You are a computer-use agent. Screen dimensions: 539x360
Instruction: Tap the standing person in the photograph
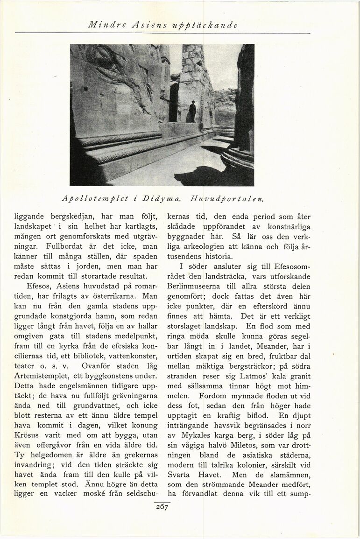pos(192,112)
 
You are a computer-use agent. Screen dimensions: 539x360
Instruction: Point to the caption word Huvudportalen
pos(227,198)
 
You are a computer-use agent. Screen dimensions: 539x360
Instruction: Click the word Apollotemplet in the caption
pos(95,198)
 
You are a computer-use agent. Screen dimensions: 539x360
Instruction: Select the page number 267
pos(162,507)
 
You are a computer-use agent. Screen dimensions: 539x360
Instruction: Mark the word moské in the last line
pos(99,494)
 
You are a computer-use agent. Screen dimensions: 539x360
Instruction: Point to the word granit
pos(298,376)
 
